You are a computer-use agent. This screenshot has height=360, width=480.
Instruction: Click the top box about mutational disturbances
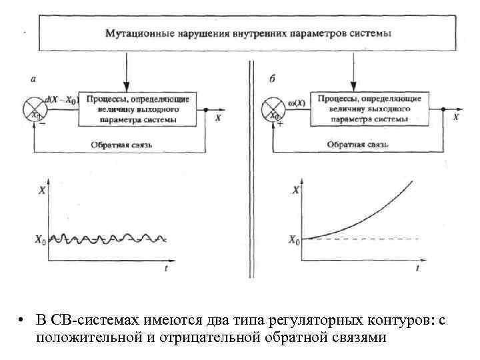point(247,33)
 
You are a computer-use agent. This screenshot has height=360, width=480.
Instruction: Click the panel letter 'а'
point(33,79)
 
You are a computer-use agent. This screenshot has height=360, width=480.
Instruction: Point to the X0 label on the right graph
point(292,239)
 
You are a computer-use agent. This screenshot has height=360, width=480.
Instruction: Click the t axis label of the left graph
point(166,268)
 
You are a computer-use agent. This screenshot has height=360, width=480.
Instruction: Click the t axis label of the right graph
point(417,268)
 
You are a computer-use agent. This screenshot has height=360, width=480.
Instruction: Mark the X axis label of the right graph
point(295,191)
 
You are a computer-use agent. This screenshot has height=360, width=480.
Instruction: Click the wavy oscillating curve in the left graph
point(107,237)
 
